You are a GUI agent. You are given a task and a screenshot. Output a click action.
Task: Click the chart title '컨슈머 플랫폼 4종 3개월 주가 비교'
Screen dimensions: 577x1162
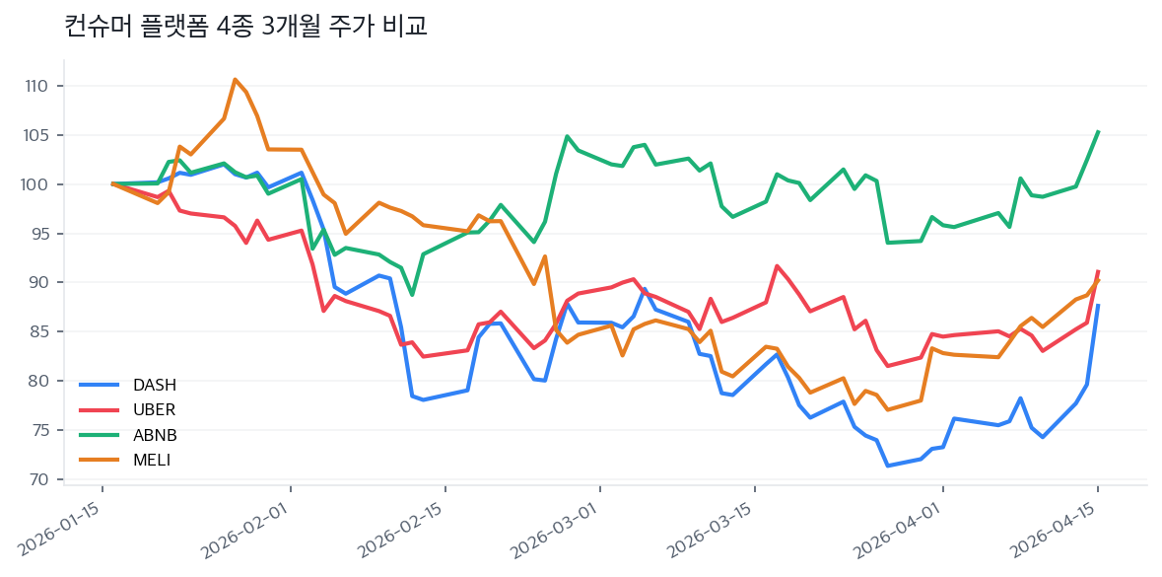tap(245, 27)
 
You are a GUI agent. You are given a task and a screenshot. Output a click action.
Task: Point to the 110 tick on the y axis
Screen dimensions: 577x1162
tap(37, 86)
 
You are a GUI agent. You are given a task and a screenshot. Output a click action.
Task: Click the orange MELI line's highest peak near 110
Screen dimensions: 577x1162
tap(235, 79)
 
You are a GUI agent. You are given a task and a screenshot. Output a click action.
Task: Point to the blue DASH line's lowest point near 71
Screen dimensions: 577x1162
tap(888, 466)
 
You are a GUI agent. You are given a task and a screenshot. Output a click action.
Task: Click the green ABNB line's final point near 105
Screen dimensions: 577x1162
tap(1098, 131)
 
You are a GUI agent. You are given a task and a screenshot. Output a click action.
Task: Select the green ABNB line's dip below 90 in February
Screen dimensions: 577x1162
tap(412, 294)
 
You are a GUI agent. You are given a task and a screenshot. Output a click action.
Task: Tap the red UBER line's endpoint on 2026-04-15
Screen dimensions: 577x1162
tap(1098, 271)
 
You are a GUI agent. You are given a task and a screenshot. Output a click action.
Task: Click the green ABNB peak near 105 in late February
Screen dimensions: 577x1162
tap(567, 136)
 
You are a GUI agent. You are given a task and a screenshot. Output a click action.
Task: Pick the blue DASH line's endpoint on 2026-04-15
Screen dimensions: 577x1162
tap(1098, 305)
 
